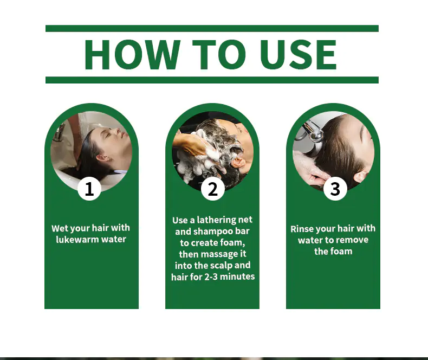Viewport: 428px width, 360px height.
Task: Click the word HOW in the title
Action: (x=132, y=55)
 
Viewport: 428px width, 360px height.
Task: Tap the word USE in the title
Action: (x=298, y=55)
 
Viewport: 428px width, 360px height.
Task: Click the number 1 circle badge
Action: (x=89, y=189)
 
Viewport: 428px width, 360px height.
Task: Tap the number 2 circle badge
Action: (x=212, y=189)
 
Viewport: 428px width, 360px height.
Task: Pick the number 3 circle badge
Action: (x=335, y=189)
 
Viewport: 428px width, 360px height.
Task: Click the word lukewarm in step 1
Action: (x=77, y=239)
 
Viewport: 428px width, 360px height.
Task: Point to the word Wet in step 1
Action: (x=59, y=228)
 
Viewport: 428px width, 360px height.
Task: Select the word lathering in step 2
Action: (x=216, y=220)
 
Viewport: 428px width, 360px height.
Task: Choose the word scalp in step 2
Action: (x=221, y=266)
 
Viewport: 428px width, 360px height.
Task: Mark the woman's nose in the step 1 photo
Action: (x=117, y=131)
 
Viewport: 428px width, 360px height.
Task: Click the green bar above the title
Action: (x=212, y=28)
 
